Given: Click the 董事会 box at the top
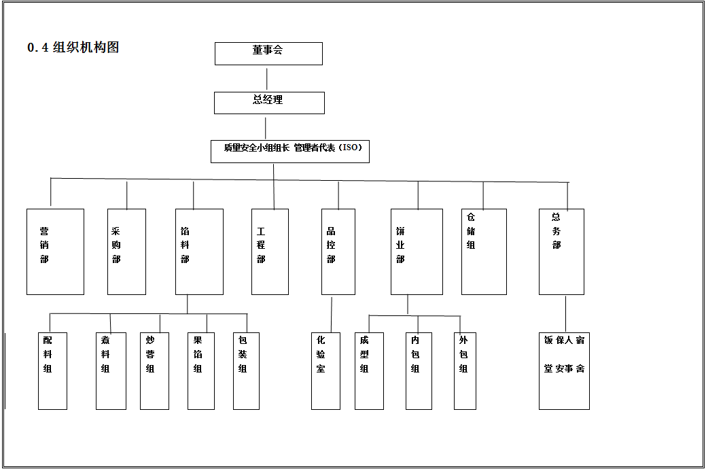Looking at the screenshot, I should point(268,54).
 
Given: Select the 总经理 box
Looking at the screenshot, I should point(269,103).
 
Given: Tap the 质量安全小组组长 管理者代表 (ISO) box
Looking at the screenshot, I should point(290,151).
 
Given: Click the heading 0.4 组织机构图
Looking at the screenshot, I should point(73,48).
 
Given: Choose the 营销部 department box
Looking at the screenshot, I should point(55,251).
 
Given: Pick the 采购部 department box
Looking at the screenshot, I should point(127,251).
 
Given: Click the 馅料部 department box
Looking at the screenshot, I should point(199,251).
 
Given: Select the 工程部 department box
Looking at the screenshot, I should point(270,251).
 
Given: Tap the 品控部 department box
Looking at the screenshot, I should point(338,251).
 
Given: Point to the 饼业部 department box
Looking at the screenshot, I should point(417,251).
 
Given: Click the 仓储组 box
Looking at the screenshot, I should point(484,251).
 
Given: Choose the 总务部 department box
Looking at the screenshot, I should point(561,251).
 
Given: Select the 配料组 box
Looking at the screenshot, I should point(52,370).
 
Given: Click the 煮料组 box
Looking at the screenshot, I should point(111,370).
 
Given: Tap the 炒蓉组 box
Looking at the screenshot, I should point(154,370).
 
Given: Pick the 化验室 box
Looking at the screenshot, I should point(325,370).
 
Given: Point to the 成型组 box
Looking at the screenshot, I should point(369,370).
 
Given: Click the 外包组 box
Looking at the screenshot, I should point(465,370).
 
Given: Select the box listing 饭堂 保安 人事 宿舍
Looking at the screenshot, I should point(564,370).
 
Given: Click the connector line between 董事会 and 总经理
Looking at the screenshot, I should point(267,79).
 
